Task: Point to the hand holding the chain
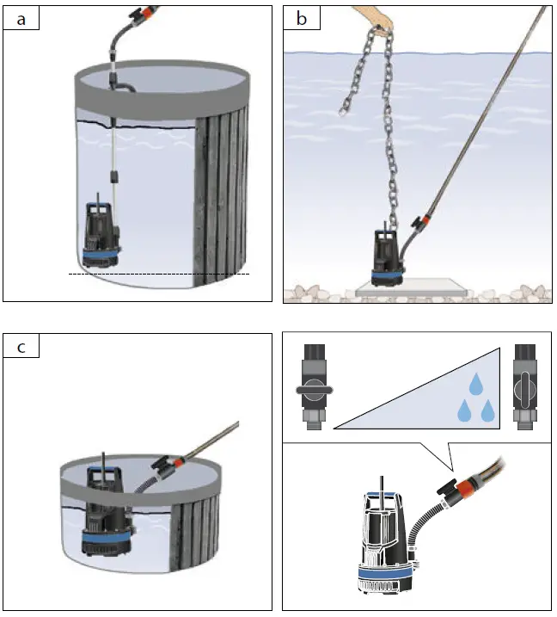[x=371, y=19]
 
